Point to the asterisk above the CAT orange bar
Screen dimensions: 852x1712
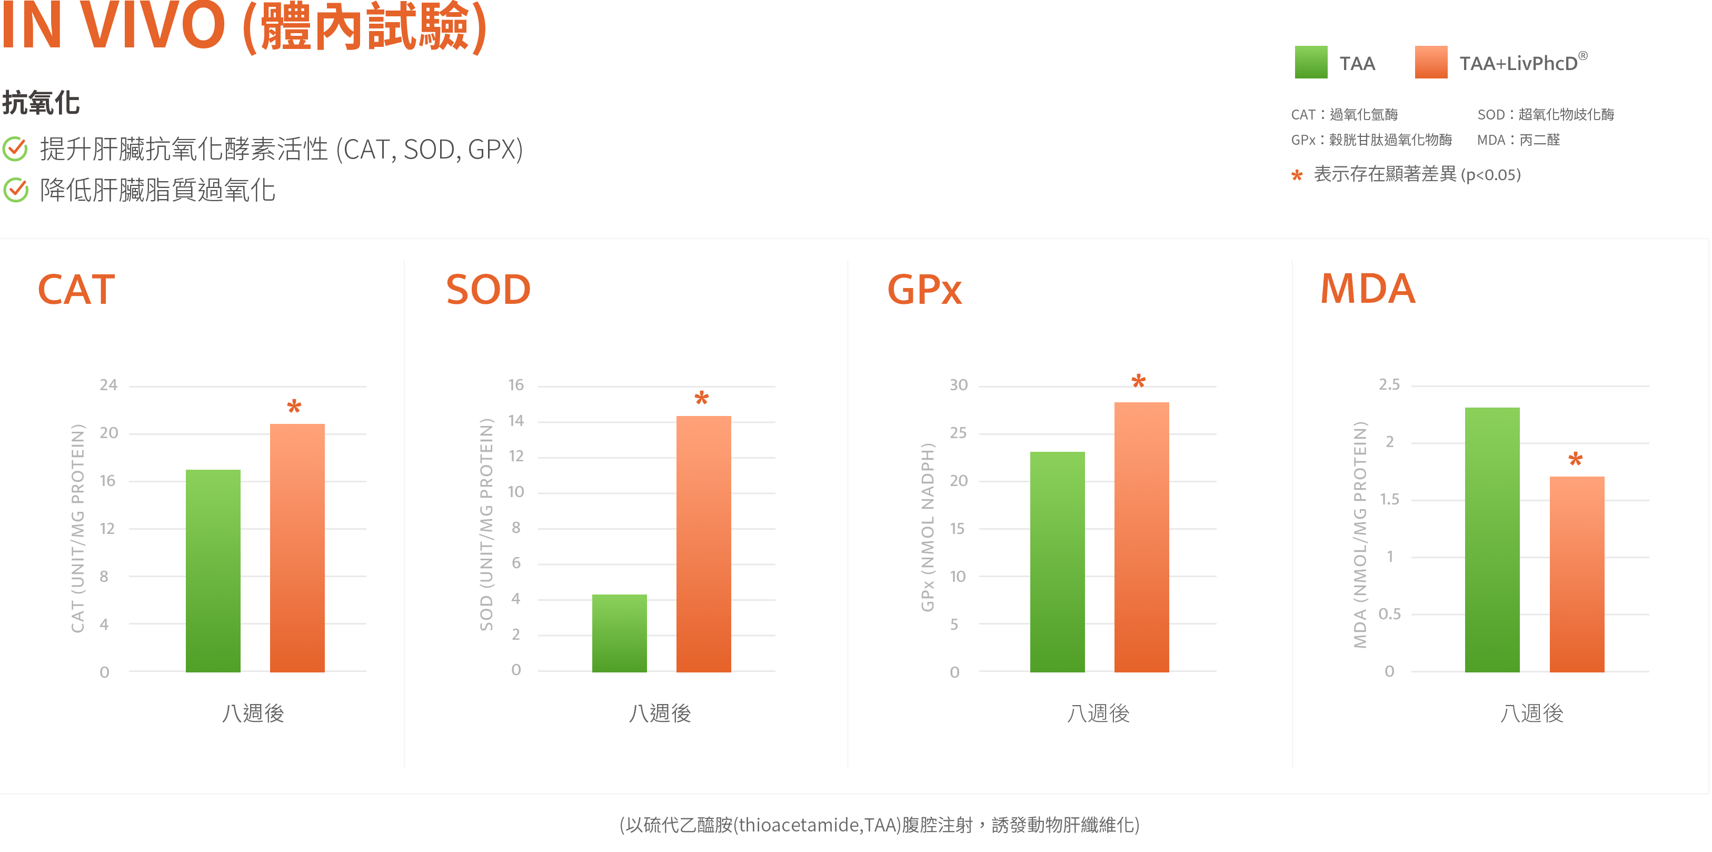click(x=294, y=406)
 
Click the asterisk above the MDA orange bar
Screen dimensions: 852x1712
click(x=1575, y=459)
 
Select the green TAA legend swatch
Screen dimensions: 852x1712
click(x=1310, y=63)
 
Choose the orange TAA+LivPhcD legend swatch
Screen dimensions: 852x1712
click(x=1431, y=63)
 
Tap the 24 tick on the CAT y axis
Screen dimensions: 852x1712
click(x=108, y=385)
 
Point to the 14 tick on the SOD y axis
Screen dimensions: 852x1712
click(x=516, y=421)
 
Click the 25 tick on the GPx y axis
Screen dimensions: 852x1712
click(x=958, y=433)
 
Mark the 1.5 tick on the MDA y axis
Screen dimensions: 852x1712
click(x=1389, y=499)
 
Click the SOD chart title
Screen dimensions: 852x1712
click(x=488, y=290)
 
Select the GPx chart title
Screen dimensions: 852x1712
click(x=924, y=290)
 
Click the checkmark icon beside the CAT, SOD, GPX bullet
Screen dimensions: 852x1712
click(x=15, y=149)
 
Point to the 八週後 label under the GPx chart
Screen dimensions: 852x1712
click(x=1098, y=713)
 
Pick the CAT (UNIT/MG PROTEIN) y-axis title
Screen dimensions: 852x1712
click(x=78, y=528)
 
